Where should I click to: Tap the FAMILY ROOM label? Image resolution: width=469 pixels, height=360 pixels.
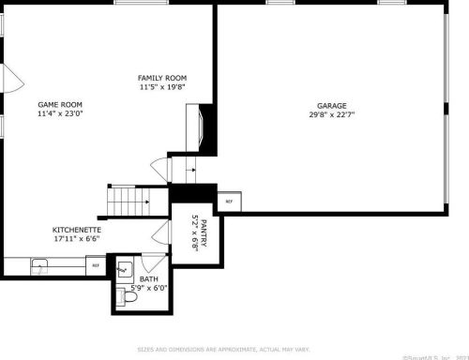point(163,78)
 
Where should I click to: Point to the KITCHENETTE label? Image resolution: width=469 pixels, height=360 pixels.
point(77,230)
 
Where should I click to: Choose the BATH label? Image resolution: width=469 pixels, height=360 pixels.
point(149,278)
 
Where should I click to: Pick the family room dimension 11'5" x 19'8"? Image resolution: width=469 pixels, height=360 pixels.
point(163,87)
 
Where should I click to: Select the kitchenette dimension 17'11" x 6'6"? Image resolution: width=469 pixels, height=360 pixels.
point(77,239)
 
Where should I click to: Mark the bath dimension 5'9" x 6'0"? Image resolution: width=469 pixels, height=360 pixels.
point(149,287)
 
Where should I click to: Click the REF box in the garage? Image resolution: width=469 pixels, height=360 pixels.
point(228,201)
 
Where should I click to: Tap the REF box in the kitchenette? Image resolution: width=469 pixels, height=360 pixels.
point(95,265)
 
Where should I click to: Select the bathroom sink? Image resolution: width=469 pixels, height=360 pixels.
point(123,268)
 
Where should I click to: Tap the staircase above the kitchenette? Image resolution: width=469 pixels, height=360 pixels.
point(127,198)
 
